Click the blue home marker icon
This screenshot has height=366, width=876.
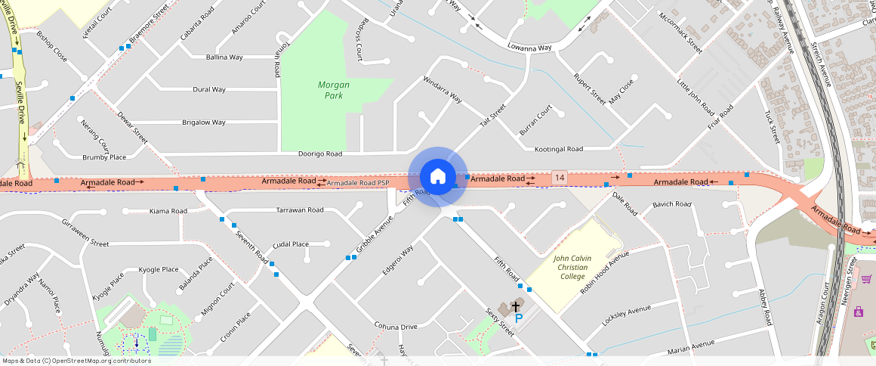coord(437,177)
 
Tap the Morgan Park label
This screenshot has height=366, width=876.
coord(333,91)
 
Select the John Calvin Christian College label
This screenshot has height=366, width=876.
coord(572,267)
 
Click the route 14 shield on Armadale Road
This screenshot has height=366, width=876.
coord(559,177)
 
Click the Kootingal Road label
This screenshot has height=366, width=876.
coord(559,149)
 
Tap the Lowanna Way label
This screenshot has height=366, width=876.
coord(529,48)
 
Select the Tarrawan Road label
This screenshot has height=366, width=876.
coord(300,209)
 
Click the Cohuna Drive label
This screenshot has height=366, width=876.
coord(396,327)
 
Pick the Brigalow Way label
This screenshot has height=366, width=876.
coord(204,122)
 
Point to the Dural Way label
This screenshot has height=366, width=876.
coord(209,89)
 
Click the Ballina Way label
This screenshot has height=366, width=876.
coord(224,57)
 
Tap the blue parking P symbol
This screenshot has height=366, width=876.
coord(519,318)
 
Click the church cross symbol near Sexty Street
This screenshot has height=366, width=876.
coord(516,306)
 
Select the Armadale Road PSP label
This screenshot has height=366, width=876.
coord(358,183)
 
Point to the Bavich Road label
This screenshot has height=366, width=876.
coord(672,204)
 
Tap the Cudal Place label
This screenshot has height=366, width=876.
coord(291,244)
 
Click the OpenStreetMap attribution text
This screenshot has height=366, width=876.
coord(77,361)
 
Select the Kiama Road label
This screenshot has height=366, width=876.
coord(168,211)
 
